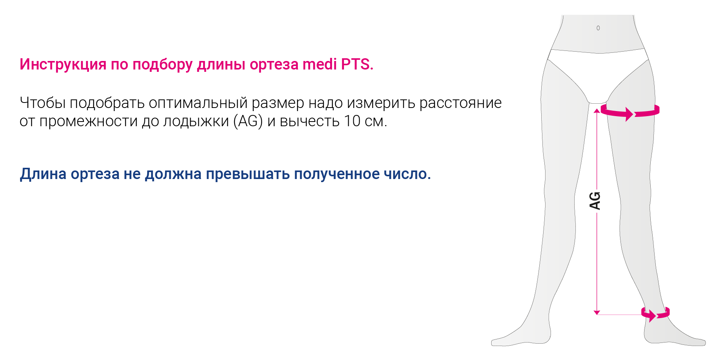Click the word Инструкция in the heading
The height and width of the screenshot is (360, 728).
click(63, 64)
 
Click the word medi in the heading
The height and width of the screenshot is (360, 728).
click(320, 64)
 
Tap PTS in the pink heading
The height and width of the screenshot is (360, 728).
click(357, 64)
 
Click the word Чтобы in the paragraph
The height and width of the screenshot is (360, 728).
click(43, 103)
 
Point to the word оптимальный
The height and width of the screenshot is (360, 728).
click(198, 103)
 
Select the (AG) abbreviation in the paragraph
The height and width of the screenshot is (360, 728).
click(248, 121)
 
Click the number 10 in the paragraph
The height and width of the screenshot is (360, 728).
click(352, 121)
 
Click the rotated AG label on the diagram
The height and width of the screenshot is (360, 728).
click(595, 201)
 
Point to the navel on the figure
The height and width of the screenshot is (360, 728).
click(598, 28)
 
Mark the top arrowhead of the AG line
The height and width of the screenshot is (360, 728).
click(597, 111)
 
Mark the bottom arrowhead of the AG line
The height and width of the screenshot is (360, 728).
click(597, 312)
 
